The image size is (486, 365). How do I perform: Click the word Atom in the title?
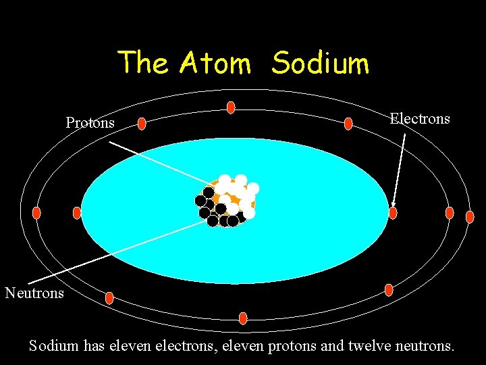point(215,64)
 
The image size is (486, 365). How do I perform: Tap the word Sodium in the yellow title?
point(321,64)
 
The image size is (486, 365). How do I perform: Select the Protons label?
point(90,123)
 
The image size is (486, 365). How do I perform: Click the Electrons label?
point(420,119)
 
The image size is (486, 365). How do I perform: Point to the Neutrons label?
point(34,293)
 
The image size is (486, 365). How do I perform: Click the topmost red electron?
point(231,107)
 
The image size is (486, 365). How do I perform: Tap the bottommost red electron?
point(243,318)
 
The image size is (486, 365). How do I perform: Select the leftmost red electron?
point(36,213)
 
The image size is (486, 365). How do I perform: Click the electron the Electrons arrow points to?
point(393,213)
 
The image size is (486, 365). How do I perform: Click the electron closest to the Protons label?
point(142,123)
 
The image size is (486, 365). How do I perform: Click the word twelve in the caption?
point(369,346)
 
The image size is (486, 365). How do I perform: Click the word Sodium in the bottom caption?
point(54,346)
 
